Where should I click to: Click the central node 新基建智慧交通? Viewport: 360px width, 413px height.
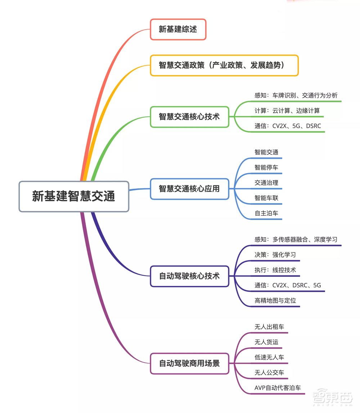point(74,196)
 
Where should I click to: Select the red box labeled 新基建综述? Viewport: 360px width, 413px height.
point(178,29)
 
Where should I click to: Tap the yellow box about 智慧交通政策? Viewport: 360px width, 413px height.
point(224,65)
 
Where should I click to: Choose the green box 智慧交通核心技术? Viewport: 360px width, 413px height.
point(189,117)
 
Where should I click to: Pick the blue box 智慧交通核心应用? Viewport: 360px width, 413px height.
point(189,189)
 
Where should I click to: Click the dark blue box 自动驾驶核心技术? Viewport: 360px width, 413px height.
point(189,276)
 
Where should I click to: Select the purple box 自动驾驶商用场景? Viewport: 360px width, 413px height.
point(189,363)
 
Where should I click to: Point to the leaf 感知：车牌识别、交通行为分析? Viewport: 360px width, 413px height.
point(296,95)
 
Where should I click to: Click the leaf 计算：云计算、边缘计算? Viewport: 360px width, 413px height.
point(287,111)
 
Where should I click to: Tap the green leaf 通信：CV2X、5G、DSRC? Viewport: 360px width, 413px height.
point(288,126)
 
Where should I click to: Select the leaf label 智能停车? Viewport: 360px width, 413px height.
point(266,167)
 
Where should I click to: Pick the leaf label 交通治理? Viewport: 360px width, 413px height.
point(266,183)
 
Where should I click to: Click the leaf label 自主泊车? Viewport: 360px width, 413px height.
point(266,213)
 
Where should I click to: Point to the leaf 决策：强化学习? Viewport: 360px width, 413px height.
point(275,255)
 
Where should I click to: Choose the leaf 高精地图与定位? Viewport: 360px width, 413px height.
point(275,300)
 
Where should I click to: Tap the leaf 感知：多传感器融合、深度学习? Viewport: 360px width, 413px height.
point(296,239)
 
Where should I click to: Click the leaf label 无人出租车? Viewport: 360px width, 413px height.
point(269,327)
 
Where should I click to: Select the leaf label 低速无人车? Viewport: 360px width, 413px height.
point(269,357)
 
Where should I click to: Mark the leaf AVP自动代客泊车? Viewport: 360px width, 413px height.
point(278,388)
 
